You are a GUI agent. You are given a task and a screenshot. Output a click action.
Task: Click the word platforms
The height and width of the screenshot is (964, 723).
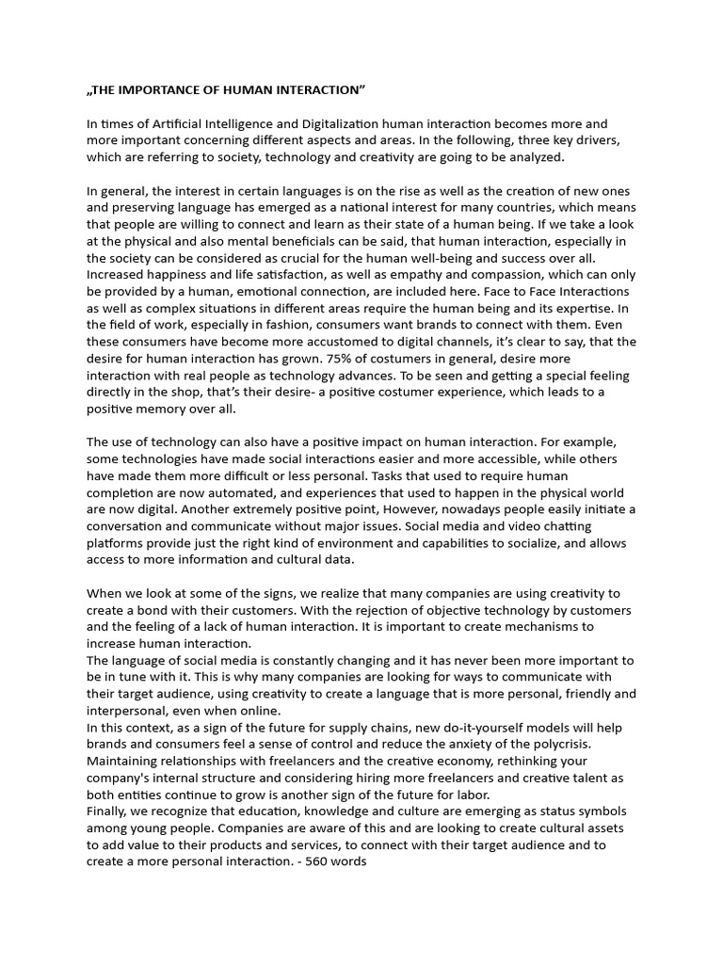click(119, 543)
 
